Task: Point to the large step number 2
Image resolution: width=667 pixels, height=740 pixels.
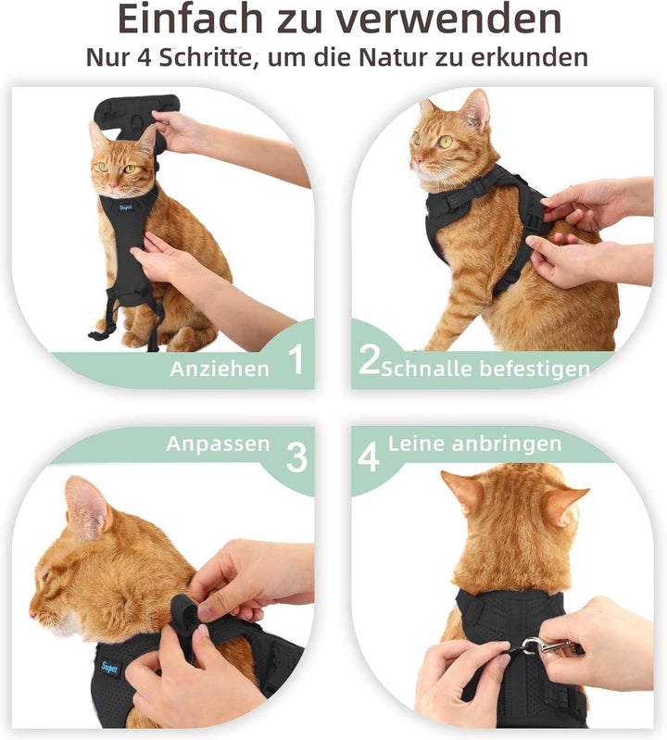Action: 369,359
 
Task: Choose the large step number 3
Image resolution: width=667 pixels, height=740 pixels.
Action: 296,457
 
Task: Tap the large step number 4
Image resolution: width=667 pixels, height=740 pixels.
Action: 369,457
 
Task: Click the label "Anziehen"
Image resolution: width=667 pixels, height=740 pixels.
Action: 220,369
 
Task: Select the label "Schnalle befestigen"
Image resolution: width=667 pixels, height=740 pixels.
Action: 485,369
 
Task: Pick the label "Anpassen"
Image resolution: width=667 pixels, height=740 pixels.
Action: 218,445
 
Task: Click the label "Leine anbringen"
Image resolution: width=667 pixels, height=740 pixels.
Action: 475,444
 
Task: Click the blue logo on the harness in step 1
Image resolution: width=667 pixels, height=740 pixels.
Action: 126,207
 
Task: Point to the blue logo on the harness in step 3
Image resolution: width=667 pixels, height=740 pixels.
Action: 111,668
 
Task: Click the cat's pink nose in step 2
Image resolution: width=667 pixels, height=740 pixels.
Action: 415,160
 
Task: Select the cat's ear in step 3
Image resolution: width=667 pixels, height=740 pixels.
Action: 87,508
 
